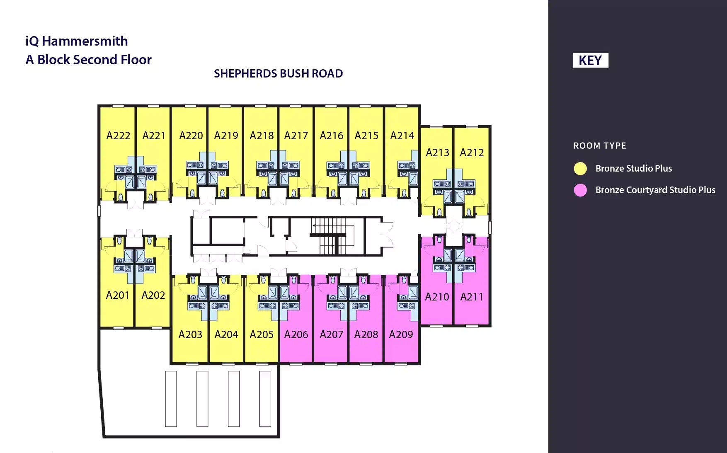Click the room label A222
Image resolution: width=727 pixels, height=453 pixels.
118,136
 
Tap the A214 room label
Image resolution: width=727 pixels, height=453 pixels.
402,136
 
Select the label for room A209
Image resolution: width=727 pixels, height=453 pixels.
401,334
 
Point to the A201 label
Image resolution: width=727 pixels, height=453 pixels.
118,295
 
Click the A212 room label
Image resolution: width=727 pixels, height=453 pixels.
472,153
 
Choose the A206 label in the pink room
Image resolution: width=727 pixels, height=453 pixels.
296,334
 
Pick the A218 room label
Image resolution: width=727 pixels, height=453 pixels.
262,136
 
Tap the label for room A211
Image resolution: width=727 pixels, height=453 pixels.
472,297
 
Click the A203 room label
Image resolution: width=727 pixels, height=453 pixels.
190,334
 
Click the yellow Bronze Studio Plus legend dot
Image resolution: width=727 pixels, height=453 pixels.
580,169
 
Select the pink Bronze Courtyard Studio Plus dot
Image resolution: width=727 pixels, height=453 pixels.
580,190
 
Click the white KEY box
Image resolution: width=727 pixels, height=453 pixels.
590,61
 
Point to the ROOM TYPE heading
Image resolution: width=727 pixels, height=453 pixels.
600,146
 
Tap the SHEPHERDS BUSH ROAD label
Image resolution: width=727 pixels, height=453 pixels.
278,74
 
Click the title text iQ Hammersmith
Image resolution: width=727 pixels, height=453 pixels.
77,41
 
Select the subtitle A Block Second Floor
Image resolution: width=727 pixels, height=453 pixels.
89,60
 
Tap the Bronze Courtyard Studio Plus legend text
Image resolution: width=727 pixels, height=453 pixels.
655,190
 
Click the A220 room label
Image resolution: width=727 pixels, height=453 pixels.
191,136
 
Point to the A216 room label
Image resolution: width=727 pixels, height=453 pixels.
332,136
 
